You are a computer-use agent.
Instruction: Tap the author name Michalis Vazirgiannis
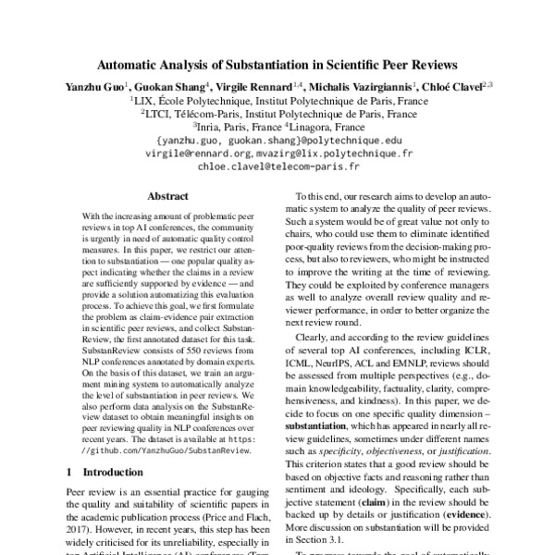(361, 86)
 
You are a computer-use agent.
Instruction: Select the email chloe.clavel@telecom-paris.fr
(277, 168)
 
